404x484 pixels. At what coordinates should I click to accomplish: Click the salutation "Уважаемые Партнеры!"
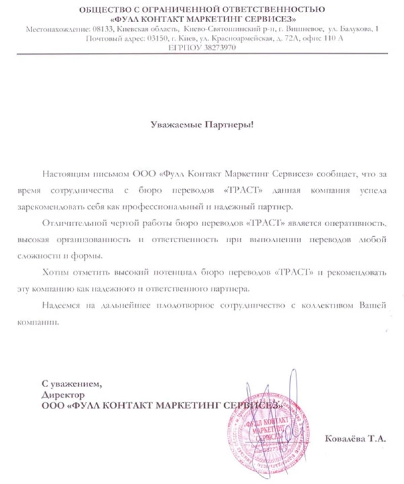click(203, 124)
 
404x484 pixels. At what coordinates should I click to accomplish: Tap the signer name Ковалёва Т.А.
click(356, 439)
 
